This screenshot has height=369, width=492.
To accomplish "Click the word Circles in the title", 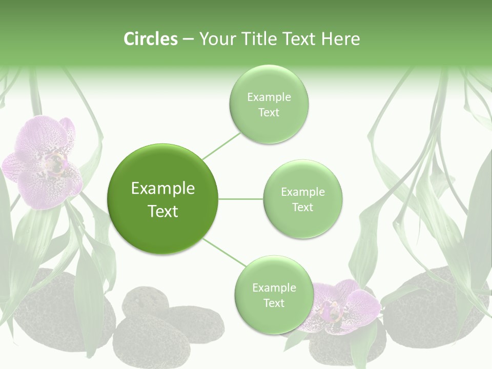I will point(151,39).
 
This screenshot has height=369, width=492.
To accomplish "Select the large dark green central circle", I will point(162,199).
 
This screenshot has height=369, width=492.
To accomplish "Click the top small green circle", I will point(269,104).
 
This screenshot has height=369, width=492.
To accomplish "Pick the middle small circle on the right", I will point(302,199).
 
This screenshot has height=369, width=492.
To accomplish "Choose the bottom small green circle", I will point(274,295).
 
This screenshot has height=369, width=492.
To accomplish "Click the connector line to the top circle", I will point(221,146).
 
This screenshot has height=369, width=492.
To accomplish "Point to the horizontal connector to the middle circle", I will point(240,199).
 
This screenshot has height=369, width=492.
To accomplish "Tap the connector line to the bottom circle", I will point(224,252).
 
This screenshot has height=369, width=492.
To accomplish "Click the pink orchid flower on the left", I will point(43,161).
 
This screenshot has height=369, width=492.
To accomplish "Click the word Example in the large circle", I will point(162,189).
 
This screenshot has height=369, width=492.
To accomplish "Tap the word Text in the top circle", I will point(269,113).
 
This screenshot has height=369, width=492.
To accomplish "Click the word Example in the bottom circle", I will point(274,288).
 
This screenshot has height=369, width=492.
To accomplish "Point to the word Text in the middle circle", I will point(302,207).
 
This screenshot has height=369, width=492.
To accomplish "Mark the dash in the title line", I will point(188,39).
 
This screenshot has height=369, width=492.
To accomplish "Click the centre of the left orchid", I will point(53,163).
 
